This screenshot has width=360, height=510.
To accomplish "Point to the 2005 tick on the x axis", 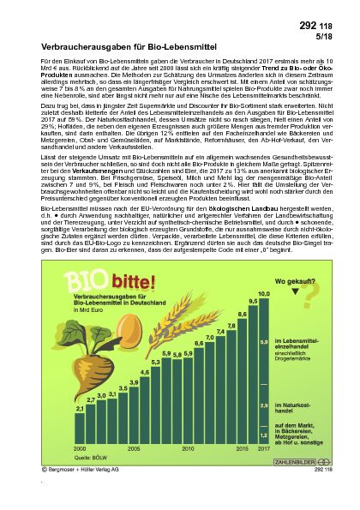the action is tap(134, 448).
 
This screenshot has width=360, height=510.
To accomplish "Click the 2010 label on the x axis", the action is tap(188, 448).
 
